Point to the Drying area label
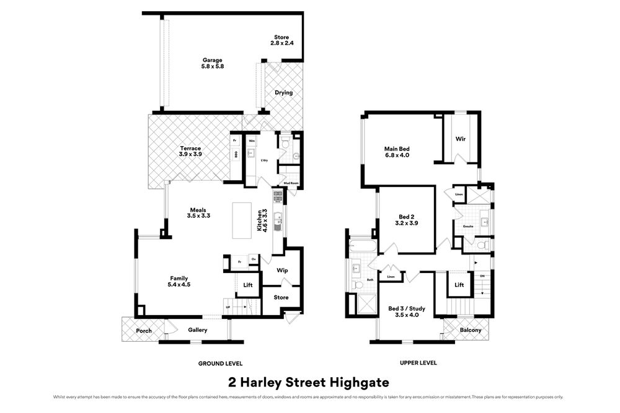click(283, 93)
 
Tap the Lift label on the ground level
click(248, 285)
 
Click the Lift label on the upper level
click(459, 285)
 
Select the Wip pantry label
click(282, 271)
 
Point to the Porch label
click(144, 331)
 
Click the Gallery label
click(198, 330)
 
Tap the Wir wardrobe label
click(460, 139)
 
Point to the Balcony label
click(471, 330)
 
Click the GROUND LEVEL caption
click(220, 363)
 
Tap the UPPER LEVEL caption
click(419, 363)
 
